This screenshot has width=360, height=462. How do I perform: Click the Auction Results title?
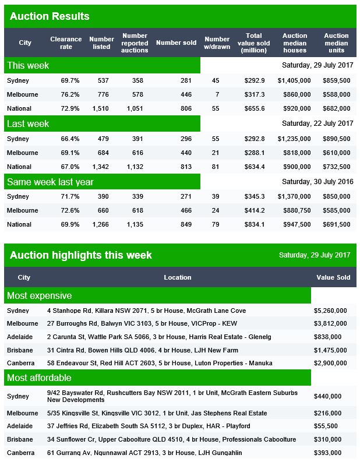click(50, 16)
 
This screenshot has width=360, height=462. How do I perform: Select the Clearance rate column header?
click(66, 43)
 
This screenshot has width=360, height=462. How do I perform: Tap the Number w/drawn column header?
click(217, 43)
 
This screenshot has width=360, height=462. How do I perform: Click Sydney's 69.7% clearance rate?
click(70, 80)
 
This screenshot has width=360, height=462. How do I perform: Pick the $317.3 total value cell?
click(255, 94)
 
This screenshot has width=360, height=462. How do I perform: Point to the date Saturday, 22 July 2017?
click(317, 123)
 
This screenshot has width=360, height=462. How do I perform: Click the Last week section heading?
click(28, 124)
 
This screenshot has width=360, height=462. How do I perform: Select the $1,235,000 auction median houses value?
click(294, 139)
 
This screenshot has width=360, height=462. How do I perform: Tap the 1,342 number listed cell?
click(100, 167)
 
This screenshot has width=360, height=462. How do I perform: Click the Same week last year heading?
click(50, 182)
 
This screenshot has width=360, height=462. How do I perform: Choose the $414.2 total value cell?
click(255, 210)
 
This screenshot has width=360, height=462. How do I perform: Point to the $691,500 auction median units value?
click(337, 224)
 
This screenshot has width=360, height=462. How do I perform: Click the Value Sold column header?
click(333, 277)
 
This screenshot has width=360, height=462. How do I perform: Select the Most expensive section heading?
click(40, 295)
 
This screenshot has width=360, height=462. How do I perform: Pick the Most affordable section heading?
click(39, 378)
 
